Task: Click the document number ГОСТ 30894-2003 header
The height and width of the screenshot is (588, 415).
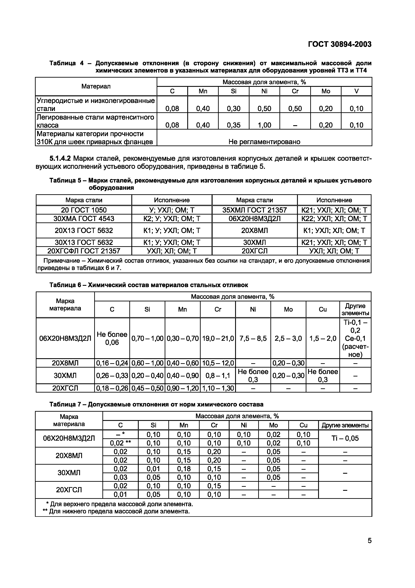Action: (x=339, y=44)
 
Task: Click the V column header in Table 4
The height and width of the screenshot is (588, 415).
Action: (x=356, y=91)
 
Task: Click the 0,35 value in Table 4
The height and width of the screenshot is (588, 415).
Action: (x=233, y=125)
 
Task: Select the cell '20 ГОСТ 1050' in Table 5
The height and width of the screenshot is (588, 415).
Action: (x=84, y=210)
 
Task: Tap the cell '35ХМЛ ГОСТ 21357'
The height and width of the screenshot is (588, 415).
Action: (x=254, y=210)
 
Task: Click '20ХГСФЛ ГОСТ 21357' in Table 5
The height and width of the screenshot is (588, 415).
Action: (x=84, y=251)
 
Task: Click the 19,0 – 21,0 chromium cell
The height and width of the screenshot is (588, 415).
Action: (x=218, y=338)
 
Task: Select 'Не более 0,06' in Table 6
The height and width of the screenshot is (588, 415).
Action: (x=112, y=338)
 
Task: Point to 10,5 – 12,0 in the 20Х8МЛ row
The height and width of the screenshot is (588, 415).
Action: (x=218, y=363)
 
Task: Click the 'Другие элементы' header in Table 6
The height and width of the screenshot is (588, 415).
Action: (x=355, y=309)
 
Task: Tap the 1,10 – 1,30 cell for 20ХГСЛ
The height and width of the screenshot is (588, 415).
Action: (x=218, y=388)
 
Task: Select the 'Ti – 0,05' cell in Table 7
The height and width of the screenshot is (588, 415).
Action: (x=345, y=438)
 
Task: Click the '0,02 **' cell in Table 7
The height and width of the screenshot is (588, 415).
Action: (x=120, y=443)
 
